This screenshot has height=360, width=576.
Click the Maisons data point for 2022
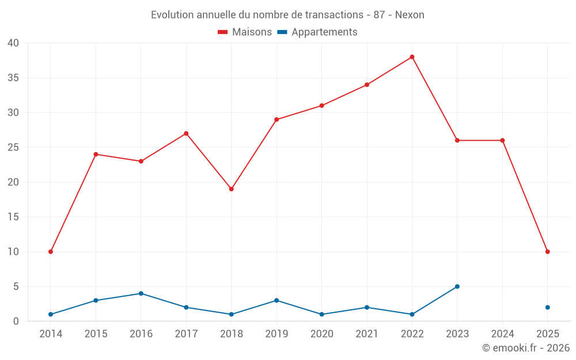pos(412,57)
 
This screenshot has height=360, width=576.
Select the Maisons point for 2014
pos(51,252)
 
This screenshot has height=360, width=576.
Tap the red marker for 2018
pos(232,189)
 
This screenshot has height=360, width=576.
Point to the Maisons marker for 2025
pos(547,252)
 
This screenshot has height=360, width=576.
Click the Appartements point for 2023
pos(457,286)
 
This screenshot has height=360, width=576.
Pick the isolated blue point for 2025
pos(547,308)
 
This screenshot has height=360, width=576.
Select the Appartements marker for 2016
pos(141,293)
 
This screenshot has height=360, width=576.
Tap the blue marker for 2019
pos(276,300)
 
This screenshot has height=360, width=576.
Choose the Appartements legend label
pos(324,32)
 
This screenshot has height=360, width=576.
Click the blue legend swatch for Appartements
pos(282,32)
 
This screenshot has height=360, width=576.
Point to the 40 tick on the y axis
pos(13,43)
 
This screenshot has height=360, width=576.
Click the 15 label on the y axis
pos(13,217)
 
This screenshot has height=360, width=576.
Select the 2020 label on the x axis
pos(321,334)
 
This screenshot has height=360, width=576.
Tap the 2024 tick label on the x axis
pos(502,334)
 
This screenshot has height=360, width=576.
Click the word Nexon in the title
pos(410,15)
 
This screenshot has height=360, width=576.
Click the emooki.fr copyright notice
pos(525,348)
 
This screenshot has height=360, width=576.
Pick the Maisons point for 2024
pos(502,141)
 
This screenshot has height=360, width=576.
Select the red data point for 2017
pos(186,134)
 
